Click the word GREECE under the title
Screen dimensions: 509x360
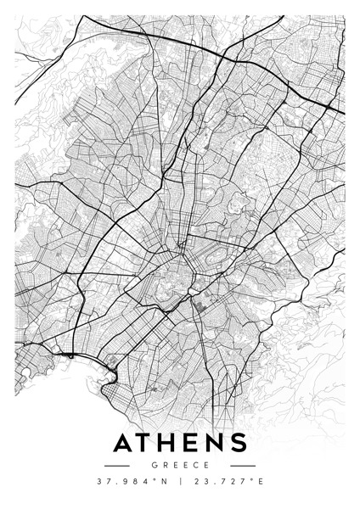coord(180,465)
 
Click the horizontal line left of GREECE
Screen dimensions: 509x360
coord(116,465)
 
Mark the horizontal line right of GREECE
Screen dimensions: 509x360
coord(243,465)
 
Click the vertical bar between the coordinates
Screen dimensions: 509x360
coord(180,484)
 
